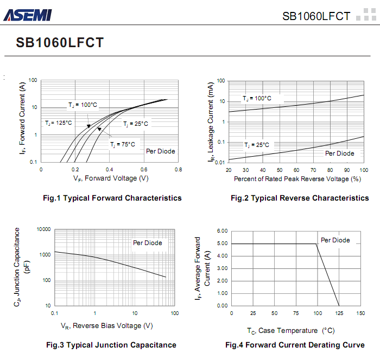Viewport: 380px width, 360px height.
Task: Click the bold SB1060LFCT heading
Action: point(60,43)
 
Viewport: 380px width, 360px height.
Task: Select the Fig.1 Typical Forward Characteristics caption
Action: point(112,198)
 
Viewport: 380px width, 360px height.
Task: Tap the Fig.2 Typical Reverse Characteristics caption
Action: point(300,198)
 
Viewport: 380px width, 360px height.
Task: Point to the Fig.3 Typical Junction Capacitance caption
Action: point(111,345)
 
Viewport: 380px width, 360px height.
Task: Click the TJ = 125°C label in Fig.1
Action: point(58,123)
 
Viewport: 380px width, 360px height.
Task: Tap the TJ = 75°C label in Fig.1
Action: point(123,145)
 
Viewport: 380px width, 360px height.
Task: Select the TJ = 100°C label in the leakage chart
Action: point(257,99)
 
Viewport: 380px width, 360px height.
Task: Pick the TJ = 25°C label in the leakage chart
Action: point(257,145)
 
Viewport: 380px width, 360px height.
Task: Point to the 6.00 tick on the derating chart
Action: point(222,232)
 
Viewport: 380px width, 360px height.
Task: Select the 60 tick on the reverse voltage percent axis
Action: point(296,170)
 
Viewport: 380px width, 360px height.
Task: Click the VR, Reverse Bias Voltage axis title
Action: point(106,326)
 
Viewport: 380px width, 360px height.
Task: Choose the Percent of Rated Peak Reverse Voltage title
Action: point(297,178)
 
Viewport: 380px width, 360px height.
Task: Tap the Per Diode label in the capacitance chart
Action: point(148,243)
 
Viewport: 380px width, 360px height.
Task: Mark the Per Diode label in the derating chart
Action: point(335,240)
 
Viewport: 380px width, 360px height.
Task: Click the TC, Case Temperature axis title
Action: point(290,330)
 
